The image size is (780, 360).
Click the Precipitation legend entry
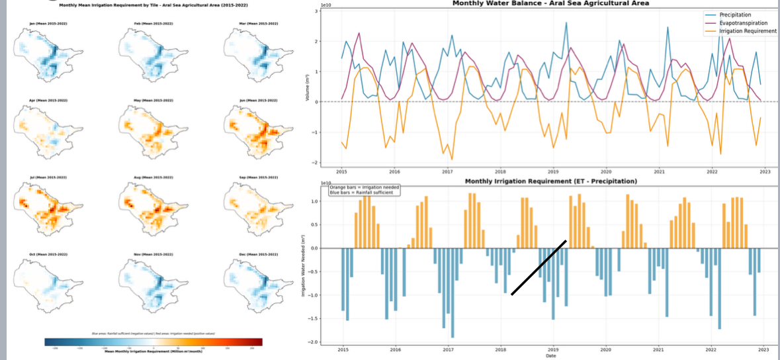[735, 15]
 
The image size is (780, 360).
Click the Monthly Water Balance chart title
[550, 3]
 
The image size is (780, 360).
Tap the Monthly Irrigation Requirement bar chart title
[550, 181]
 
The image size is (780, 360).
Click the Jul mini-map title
[48, 177]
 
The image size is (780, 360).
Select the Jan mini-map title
[48, 24]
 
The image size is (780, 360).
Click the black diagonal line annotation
[539, 267]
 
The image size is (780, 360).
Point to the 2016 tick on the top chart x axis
[394, 171]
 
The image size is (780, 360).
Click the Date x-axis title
[550, 356]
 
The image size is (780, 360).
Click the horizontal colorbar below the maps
[153, 341]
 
